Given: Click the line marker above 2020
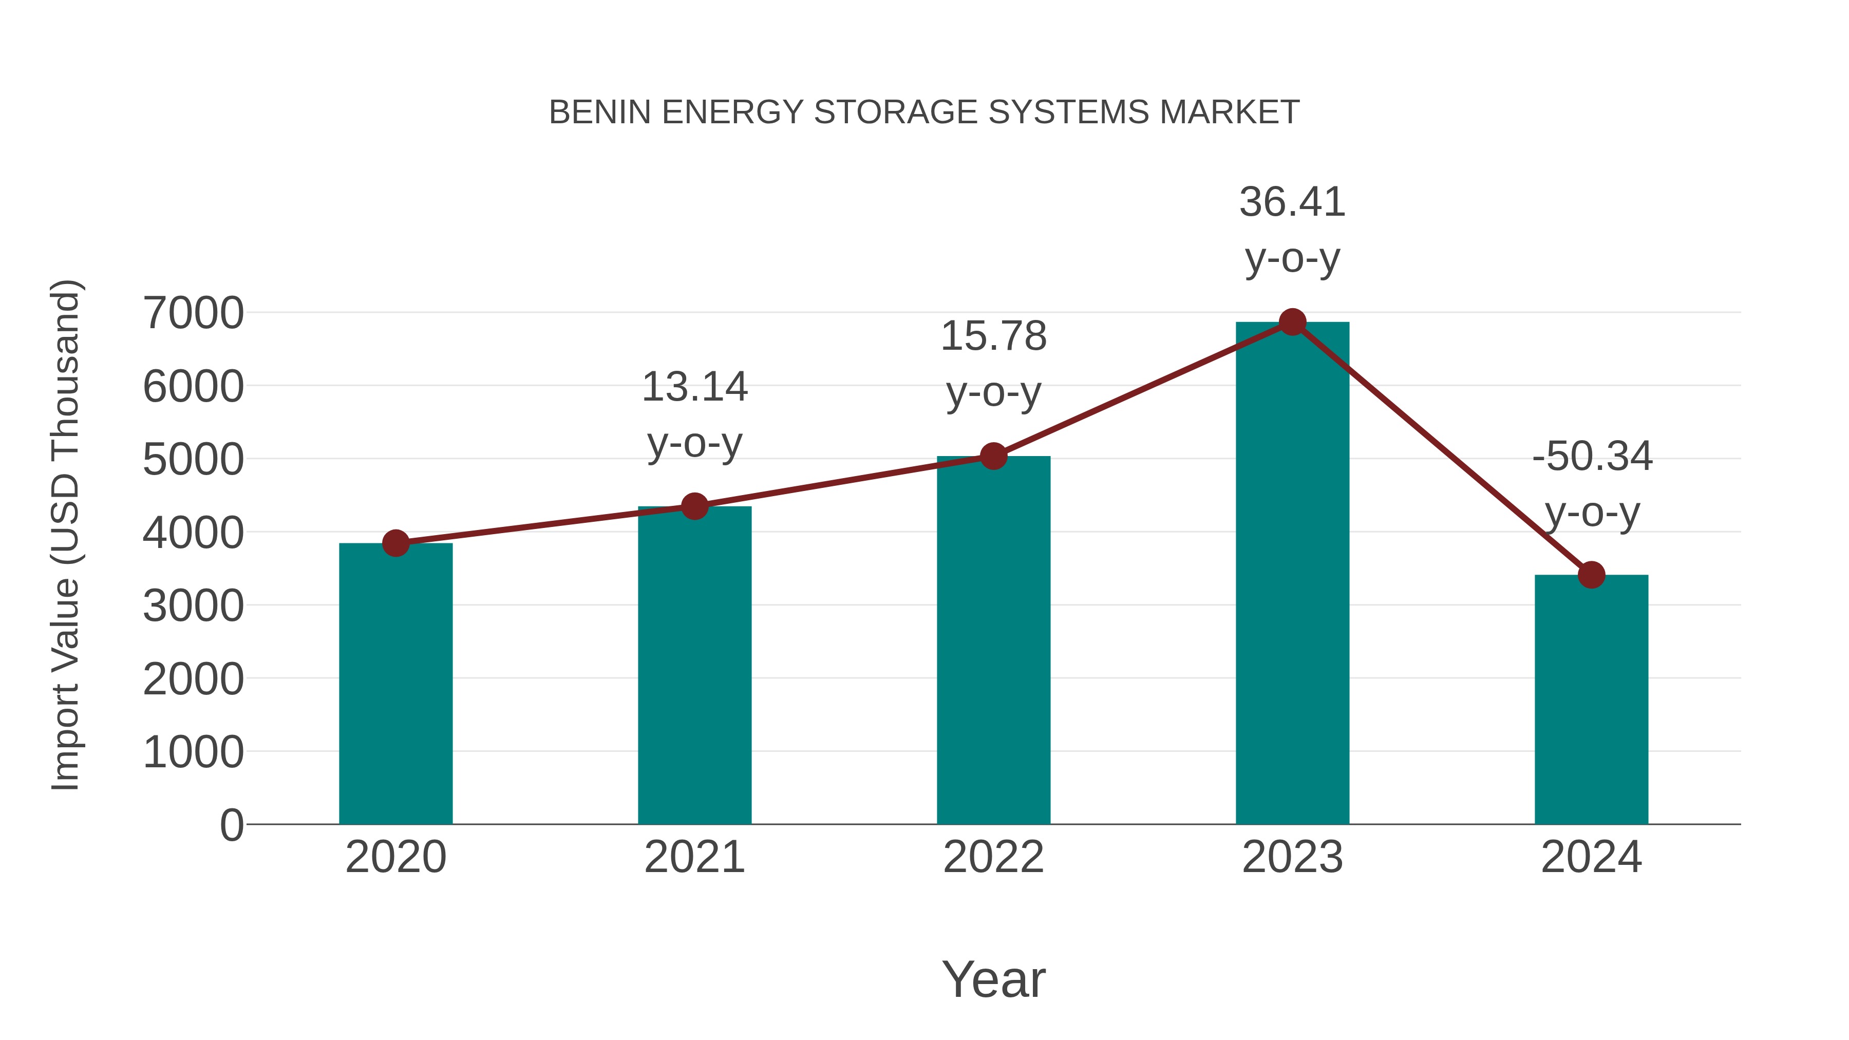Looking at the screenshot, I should (x=395, y=543).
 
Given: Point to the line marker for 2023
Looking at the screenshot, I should (x=1292, y=322).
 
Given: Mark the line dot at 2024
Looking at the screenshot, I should (x=1591, y=575).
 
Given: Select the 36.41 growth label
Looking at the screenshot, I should (x=1292, y=229).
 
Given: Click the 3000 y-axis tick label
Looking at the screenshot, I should (x=193, y=606).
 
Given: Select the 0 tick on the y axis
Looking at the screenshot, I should (x=231, y=825).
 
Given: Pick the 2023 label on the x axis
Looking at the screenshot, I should (x=1292, y=857).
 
